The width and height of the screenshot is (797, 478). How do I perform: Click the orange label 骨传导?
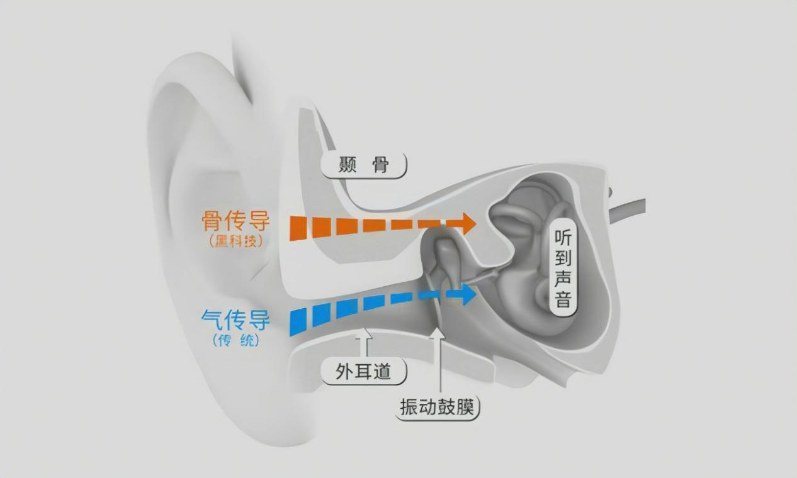tap(235, 221)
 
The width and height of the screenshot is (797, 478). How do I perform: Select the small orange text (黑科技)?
tap(235, 241)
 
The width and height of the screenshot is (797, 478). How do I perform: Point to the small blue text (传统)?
tap(235, 341)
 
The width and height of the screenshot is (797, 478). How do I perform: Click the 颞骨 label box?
tap(364, 165)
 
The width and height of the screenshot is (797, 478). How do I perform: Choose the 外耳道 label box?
tap(364, 372)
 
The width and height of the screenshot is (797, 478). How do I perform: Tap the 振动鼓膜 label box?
tap(439, 408)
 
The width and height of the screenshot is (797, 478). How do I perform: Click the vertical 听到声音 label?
tap(563, 267)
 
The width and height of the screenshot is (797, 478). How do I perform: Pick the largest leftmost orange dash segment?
tap(298, 227)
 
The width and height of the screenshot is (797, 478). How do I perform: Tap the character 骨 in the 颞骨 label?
tap(381, 165)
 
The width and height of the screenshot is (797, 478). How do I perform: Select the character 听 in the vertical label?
tap(563, 237)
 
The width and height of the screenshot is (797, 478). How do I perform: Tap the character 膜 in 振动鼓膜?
tap(466, 408)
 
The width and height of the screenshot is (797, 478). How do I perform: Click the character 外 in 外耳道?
tap(344, 372)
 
